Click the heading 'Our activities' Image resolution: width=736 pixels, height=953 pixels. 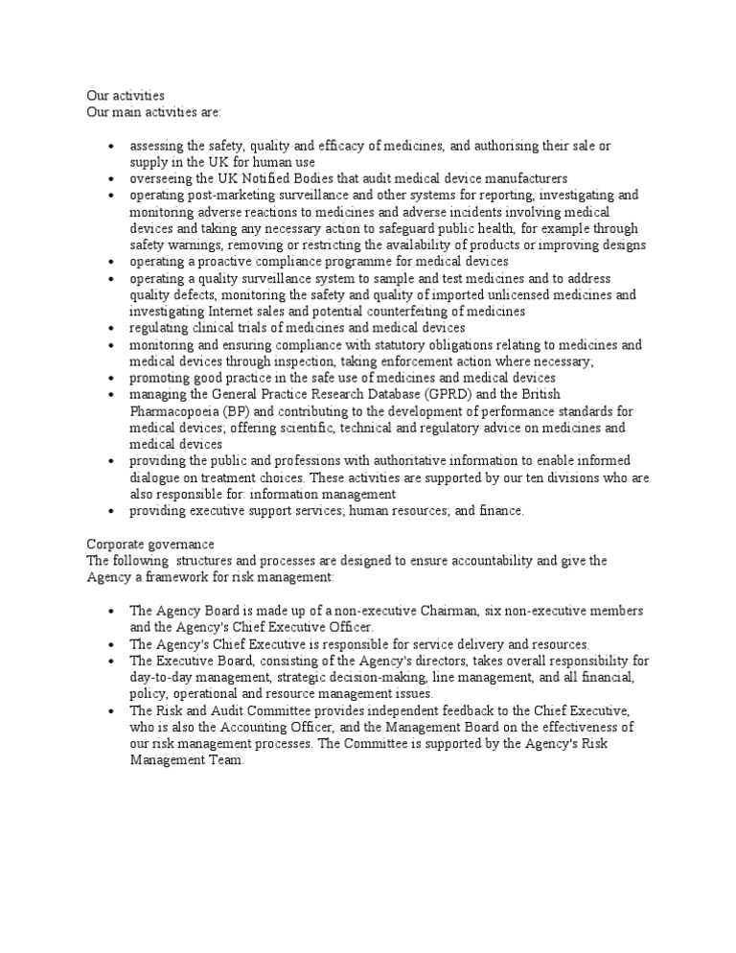(126, 96)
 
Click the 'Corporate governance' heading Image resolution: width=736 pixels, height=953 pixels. (150, 544)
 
